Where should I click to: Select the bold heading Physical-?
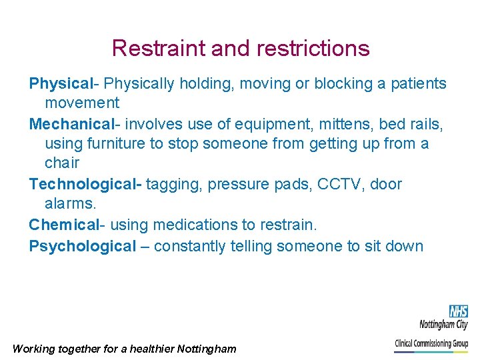click(x=64, y=83)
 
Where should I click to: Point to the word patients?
click(x=417, y=83)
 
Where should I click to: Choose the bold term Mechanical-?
click(x=75, y=123)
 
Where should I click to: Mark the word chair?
click(x=62, y=163)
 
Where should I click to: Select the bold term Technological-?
click(x=85, y=184)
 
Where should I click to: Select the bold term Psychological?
click(x=82, y=246)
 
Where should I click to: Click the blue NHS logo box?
click(x=458, y=311)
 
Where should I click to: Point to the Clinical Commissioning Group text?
click(x=432, y=343)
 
